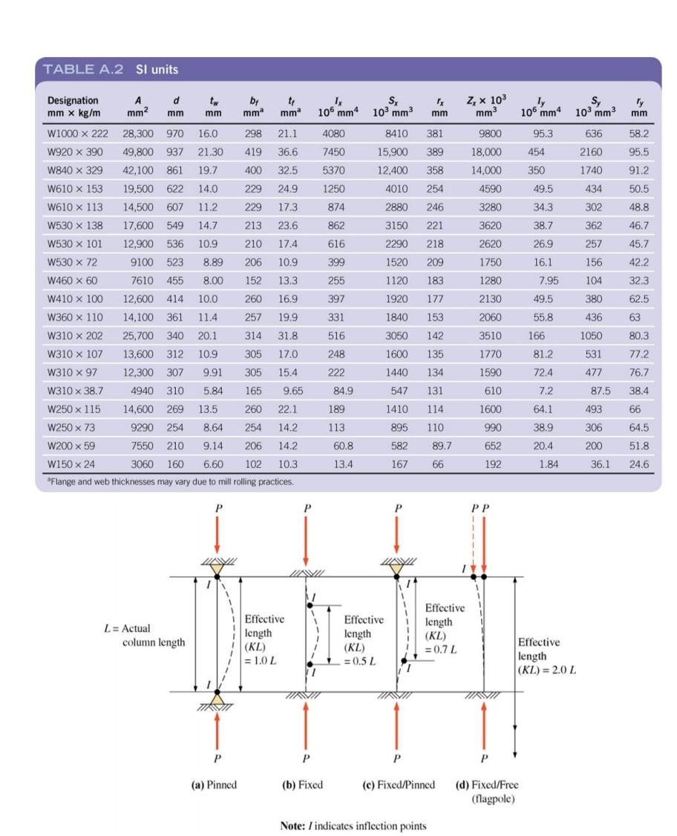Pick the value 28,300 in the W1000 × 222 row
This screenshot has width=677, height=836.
click(x=137, y=134)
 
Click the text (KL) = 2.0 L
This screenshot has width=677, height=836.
click(x=547, y=670)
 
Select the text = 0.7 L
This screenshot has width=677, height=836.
click(x=442, y=649)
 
